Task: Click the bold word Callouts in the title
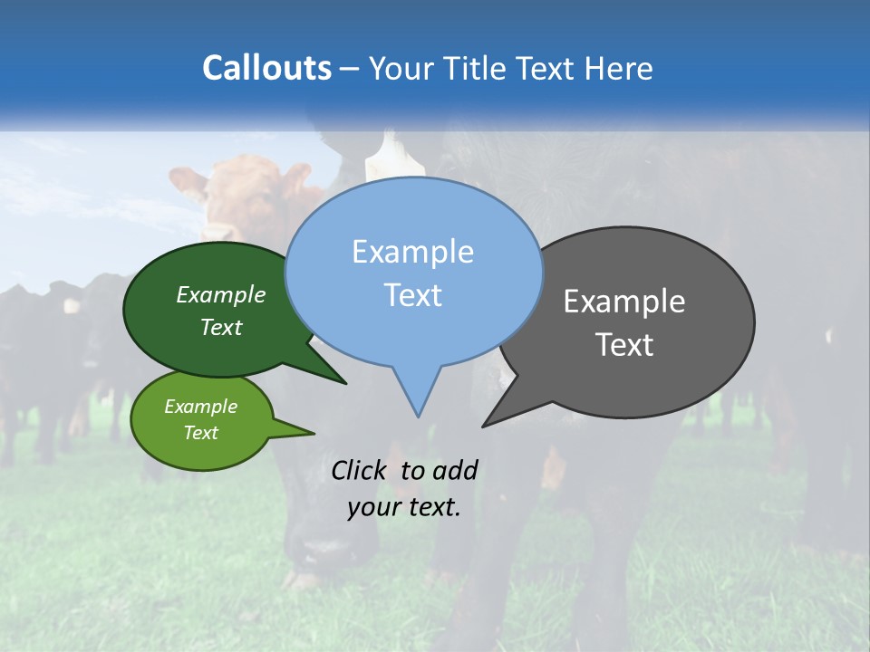tap(266, 68)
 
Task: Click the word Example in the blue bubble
tap(412, 252)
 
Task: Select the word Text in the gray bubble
tap(624, 345)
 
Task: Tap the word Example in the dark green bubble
tap(221, 294)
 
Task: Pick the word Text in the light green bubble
tap(201, 433)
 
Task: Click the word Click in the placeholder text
tap(358, 470)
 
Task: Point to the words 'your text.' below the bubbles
tap(403, 507)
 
